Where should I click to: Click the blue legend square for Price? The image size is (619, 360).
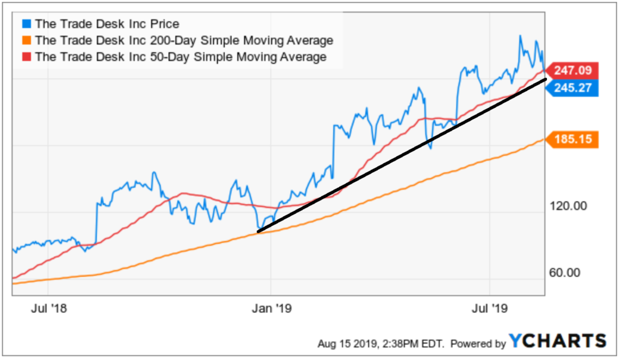tap(26, 25)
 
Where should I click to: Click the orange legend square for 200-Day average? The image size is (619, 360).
tap(26, 41)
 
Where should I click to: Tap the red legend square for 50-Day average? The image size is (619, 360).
tap(26, 57)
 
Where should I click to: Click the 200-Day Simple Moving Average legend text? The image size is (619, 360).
tap(184, 41)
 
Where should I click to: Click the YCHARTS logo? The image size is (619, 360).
tap(557, 341)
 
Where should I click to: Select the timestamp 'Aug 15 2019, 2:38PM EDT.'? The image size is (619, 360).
tap(381, 344)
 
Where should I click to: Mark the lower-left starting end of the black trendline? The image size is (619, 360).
tap(258, 232)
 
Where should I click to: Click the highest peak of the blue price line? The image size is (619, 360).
tap(520, 36)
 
